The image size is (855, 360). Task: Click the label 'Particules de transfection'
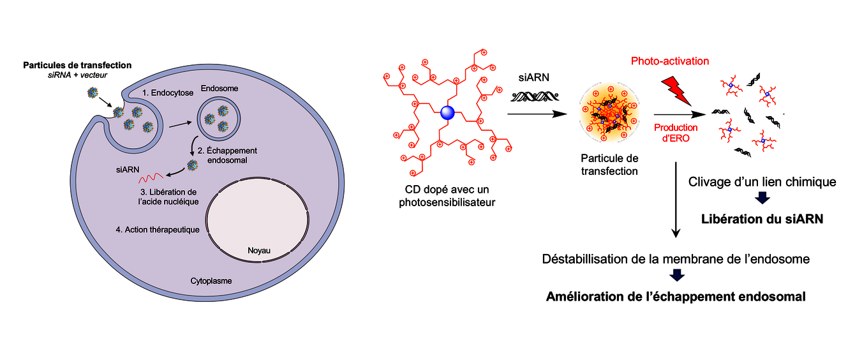tap(77, 65)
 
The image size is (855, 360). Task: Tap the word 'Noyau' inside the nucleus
tap(259, 251)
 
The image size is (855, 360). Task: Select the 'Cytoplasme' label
tap(211, 280)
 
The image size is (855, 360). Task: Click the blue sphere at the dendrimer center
tap(447, 115)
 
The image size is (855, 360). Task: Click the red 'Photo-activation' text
tap(670, 61)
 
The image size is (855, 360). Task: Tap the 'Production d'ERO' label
tap(674, 132)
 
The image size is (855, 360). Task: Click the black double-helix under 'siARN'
tap(534, 97)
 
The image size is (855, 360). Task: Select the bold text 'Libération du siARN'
tap(762, 219)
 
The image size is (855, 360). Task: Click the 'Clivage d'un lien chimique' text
tap(762, 182)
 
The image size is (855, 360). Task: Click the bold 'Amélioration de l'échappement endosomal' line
tap(676, 296)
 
